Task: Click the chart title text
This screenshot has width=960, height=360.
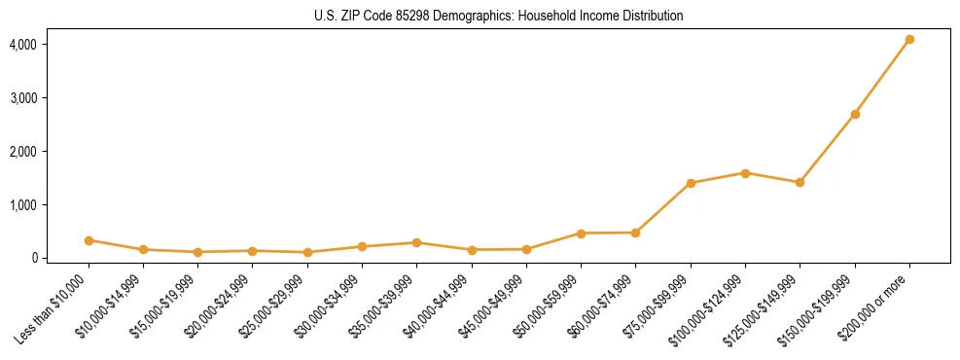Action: coord(498,16)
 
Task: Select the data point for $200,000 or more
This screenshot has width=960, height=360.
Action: coord(909,40)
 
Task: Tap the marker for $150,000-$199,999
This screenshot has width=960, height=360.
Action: coord(855,115)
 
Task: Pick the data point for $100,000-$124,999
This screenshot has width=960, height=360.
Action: coord(745,173)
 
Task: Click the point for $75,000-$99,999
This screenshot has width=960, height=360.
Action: coord(691,183)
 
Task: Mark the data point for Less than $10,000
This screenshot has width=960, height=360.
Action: coord(89,240)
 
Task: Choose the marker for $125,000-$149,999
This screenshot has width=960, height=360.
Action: coord(800,182)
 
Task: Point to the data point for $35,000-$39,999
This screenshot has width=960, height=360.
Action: coord(416,242)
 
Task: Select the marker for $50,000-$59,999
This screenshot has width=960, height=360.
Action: coord(581,234)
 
